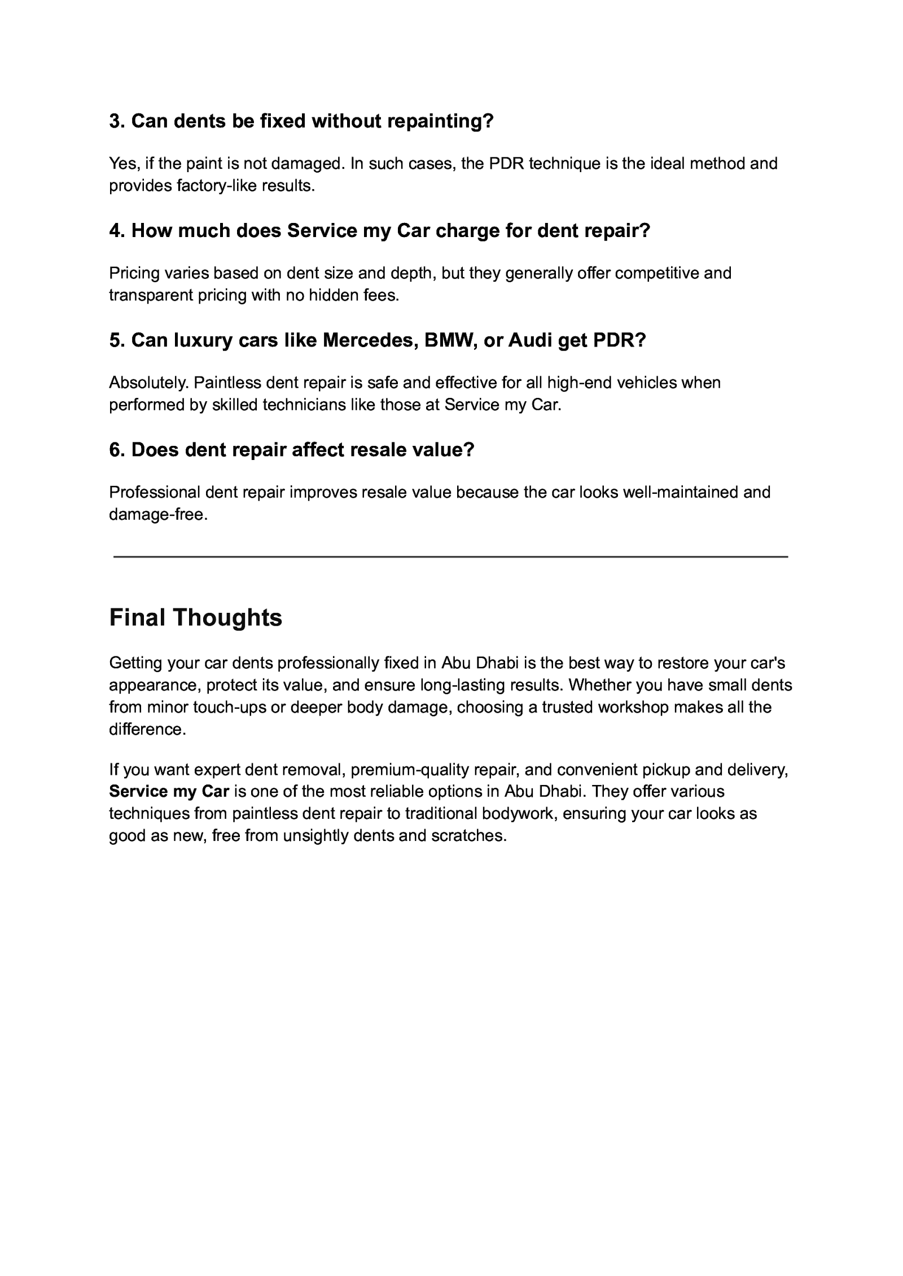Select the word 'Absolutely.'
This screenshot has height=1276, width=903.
(149, 383)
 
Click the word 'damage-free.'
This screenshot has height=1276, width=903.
(159, 515)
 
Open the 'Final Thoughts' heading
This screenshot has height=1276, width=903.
(195, 617)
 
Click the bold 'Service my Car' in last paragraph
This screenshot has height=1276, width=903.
(169, 791)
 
